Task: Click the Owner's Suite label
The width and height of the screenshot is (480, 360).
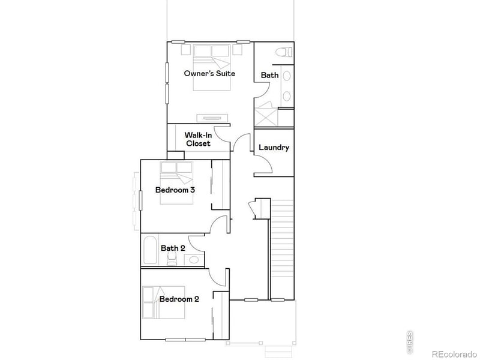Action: coord(209,73)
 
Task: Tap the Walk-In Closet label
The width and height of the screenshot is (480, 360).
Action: coord(198,139)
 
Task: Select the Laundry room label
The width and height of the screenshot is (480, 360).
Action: coord(274,148)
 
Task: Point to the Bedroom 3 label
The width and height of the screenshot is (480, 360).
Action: coord(175,190)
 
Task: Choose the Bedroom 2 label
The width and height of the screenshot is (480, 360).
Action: coord(179,299)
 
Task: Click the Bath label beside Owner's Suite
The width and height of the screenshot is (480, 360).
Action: coord(269,75)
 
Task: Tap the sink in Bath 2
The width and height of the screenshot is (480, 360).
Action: coord(193,260)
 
